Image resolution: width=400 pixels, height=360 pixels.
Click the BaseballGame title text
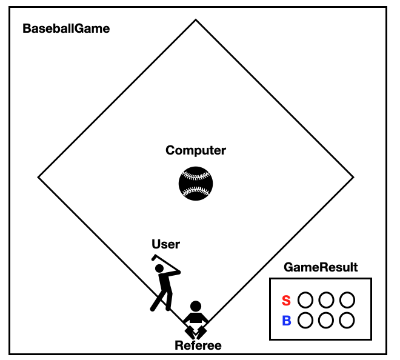tap(66, 28)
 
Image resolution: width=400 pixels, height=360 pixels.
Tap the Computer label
tap(196, 150)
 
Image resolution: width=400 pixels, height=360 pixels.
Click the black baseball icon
tap(196, 183)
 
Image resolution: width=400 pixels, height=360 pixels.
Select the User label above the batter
tap(165, 244)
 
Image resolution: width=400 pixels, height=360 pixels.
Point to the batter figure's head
tap(159, 268)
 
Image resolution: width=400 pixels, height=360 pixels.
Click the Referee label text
tap(198, 346)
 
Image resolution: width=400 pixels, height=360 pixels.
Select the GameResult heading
tap(321, 267)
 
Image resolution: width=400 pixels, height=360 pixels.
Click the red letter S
tap(287, 301)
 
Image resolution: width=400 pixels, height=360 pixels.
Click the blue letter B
tap(287, 321)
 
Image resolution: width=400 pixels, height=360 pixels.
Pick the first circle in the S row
tap(306, 299)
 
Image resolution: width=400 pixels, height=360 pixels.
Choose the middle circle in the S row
tap(327, 299)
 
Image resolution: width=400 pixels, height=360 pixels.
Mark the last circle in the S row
tap(347, 299)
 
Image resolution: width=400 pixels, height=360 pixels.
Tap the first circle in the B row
tap(306, 320)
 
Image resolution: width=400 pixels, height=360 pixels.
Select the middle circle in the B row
tap(327, 320)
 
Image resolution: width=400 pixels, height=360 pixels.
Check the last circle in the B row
tap(347, 320)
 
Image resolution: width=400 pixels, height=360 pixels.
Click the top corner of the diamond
tap(196, 20)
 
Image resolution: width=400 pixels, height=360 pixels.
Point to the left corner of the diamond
tap(39, 178)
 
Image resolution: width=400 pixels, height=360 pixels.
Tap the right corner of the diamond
tap(353, 178)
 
